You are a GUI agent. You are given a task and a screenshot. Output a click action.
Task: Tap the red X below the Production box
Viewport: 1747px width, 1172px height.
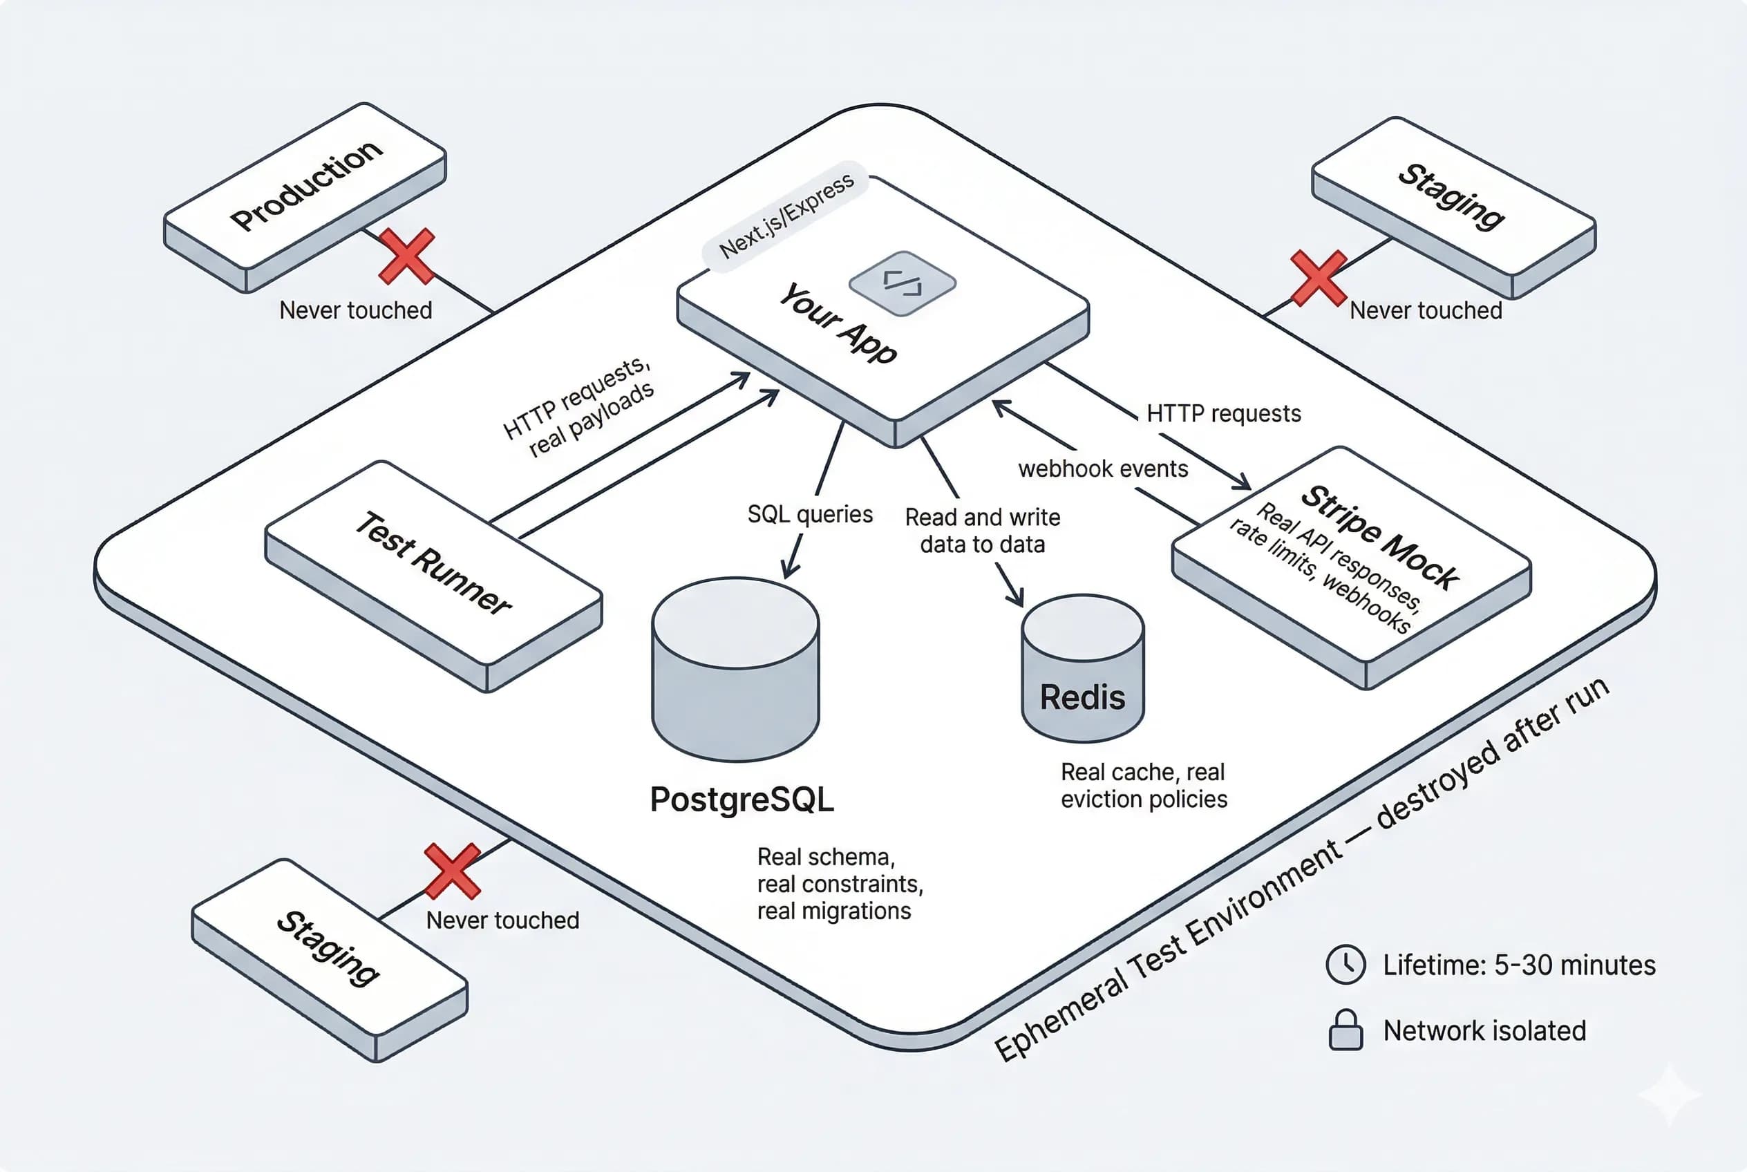pyautogui.click(x=406, y=256)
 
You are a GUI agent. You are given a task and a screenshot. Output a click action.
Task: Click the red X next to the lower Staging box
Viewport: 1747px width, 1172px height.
pyautogui.click(x=452, y=871)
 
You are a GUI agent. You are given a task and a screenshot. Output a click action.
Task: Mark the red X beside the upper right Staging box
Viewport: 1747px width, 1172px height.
pyautogui.click(x=1319, y=278)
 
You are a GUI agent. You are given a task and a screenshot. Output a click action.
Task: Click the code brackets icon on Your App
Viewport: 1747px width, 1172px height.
pyautogui.click(x=903, y=283)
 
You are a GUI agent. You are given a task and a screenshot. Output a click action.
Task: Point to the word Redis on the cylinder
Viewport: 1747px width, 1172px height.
pyautogui.click(x=1082, y=697)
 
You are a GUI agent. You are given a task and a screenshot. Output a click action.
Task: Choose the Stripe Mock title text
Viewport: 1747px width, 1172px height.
pyautogui.click(x=1379, y=537)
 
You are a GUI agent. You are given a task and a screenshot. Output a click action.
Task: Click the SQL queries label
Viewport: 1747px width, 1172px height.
pyautogui.click(x=810, y=514)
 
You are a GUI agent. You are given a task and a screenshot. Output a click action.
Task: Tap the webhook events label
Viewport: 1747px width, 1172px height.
pyautogui.click(x=1103, y=469)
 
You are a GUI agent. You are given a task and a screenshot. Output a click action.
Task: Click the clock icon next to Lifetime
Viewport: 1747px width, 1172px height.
pyautogui.click(x=1345, y=964)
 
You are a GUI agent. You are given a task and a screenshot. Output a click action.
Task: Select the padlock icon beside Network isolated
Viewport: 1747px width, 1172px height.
pyautogui.click(x=1345, y=1031)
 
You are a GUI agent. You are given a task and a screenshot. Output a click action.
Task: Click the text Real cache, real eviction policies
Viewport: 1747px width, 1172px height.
pyautogui.click(x=1143, y=786)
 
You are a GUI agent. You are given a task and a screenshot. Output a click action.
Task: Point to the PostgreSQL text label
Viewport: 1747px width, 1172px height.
pyautogui.click(x=742, y=800)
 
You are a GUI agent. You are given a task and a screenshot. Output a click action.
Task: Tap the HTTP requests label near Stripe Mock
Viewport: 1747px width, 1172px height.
pyautogui.click(x=1223, y=413)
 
